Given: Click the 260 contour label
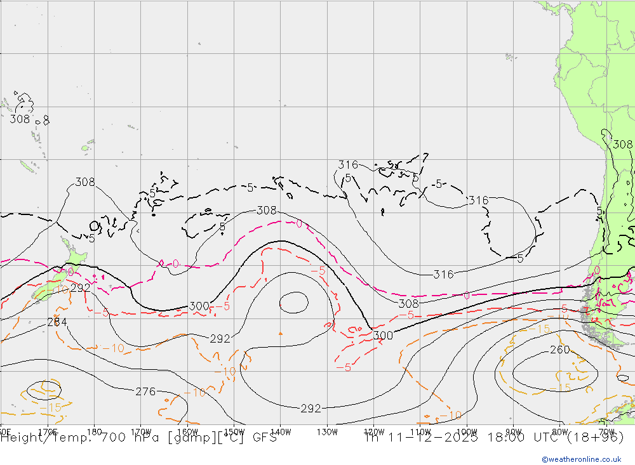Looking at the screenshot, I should point(559,350).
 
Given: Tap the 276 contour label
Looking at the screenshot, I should point(145,391).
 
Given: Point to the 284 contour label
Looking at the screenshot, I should point(57,322).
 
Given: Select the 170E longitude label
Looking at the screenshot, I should point(48,431).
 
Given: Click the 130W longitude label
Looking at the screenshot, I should point(327,431).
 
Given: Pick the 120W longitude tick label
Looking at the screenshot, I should point(373,431).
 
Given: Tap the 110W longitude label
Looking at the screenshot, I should point(420,431).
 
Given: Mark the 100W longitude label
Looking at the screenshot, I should point(467,431).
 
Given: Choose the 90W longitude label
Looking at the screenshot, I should point(513,431).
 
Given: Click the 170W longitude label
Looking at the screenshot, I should point(142,431).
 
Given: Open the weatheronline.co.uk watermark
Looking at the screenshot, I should point(581,459).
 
